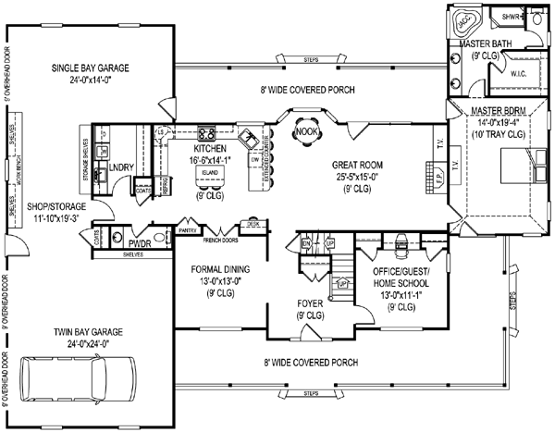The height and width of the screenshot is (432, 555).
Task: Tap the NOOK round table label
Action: point(304,132)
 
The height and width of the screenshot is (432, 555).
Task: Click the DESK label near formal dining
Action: point(253,223)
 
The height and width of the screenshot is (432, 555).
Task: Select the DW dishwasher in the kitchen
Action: point(253,158)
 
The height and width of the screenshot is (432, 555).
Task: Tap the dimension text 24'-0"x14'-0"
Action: point(90,80)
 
